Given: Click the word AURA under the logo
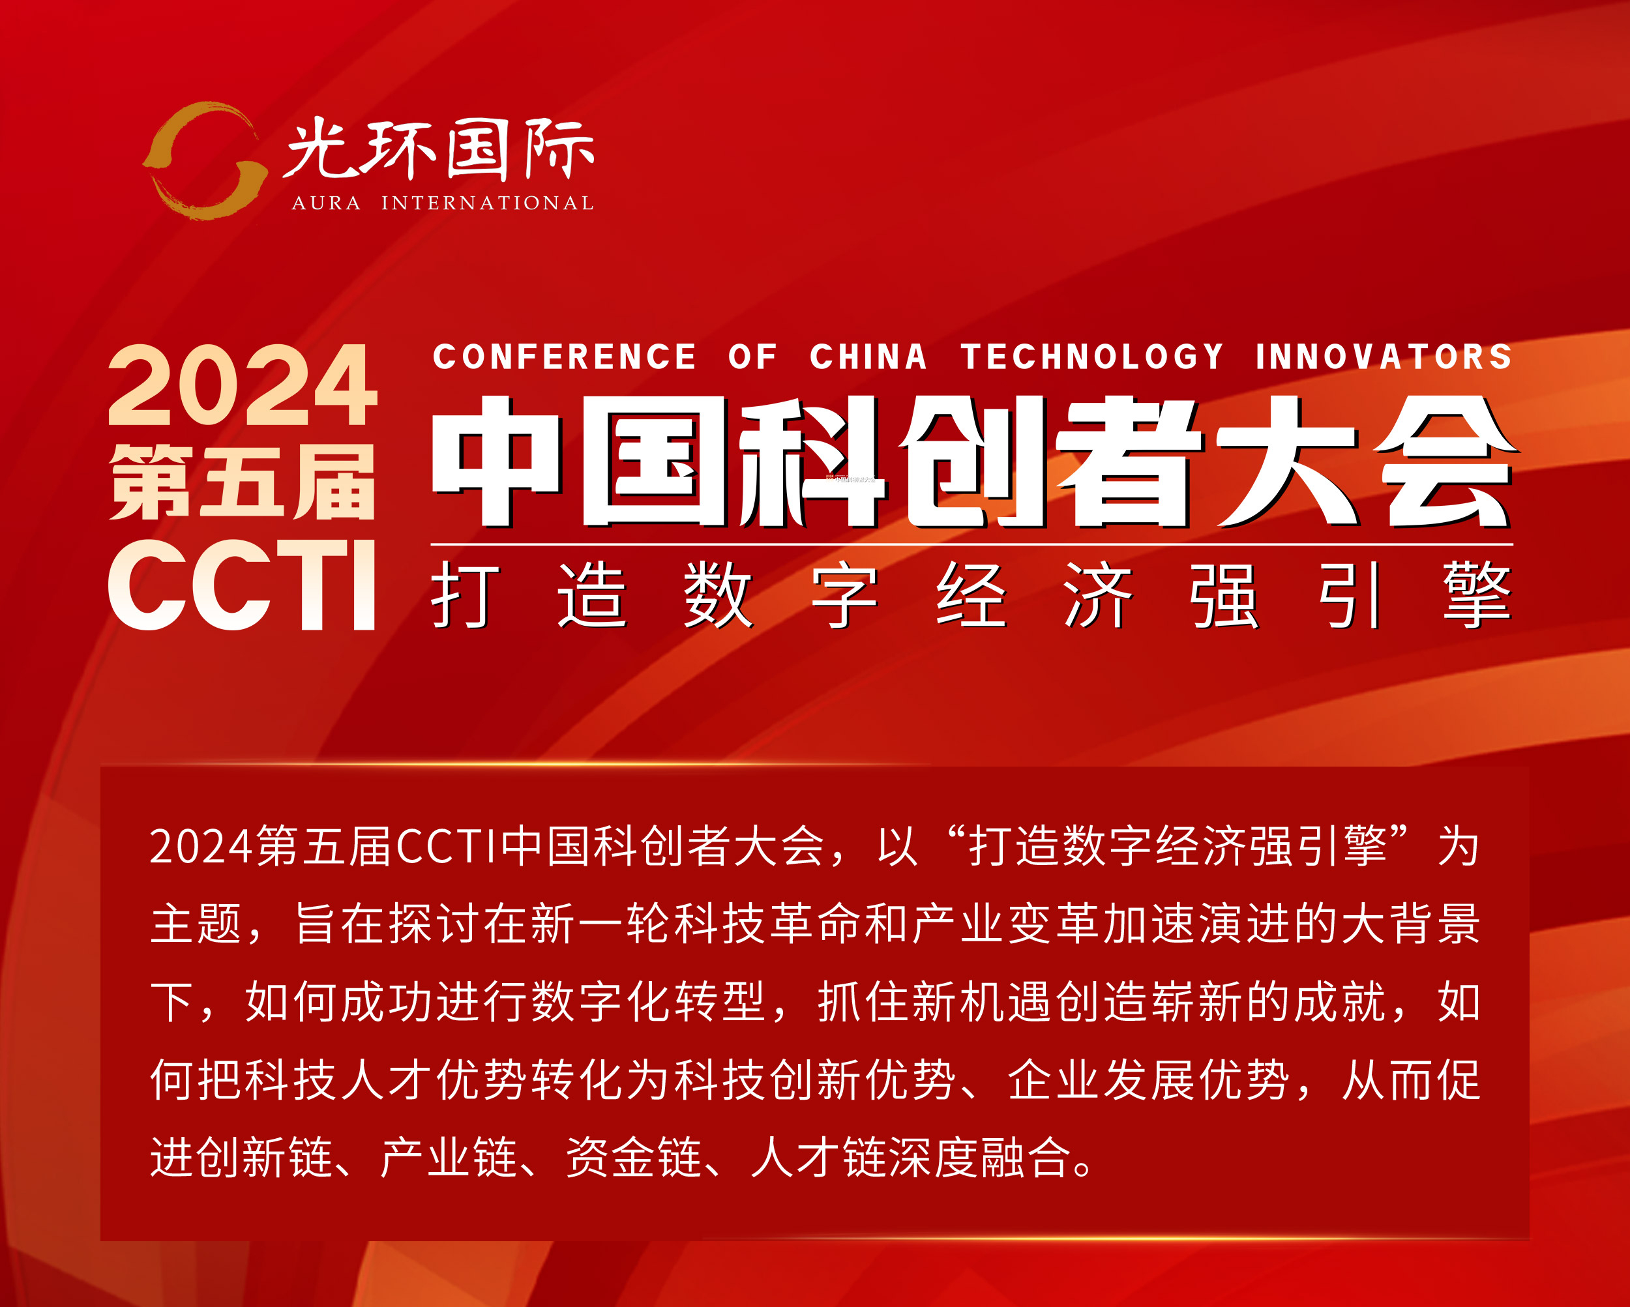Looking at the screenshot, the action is click(326, 203).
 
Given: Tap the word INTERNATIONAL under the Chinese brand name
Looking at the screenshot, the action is click(488, 203).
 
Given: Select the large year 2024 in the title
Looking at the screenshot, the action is click(242, 385).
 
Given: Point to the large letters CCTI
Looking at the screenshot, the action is click(242, 584).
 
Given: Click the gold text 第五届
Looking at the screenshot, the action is click(242, 482).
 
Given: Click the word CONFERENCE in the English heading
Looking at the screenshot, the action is click(564, 357).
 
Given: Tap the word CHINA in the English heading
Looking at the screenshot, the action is click(868, 357).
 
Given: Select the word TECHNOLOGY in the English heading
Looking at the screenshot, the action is click(1091, 357).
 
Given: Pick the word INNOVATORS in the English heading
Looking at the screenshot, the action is click(1384, 357).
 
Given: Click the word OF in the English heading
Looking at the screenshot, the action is click(752, 357).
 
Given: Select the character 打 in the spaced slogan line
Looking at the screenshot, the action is click(465, 595).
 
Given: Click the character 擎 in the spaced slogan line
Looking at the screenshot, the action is click(1477, 595).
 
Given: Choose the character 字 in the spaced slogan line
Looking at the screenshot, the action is click(844, 595).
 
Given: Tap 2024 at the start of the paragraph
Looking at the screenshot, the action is click(200, 847).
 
